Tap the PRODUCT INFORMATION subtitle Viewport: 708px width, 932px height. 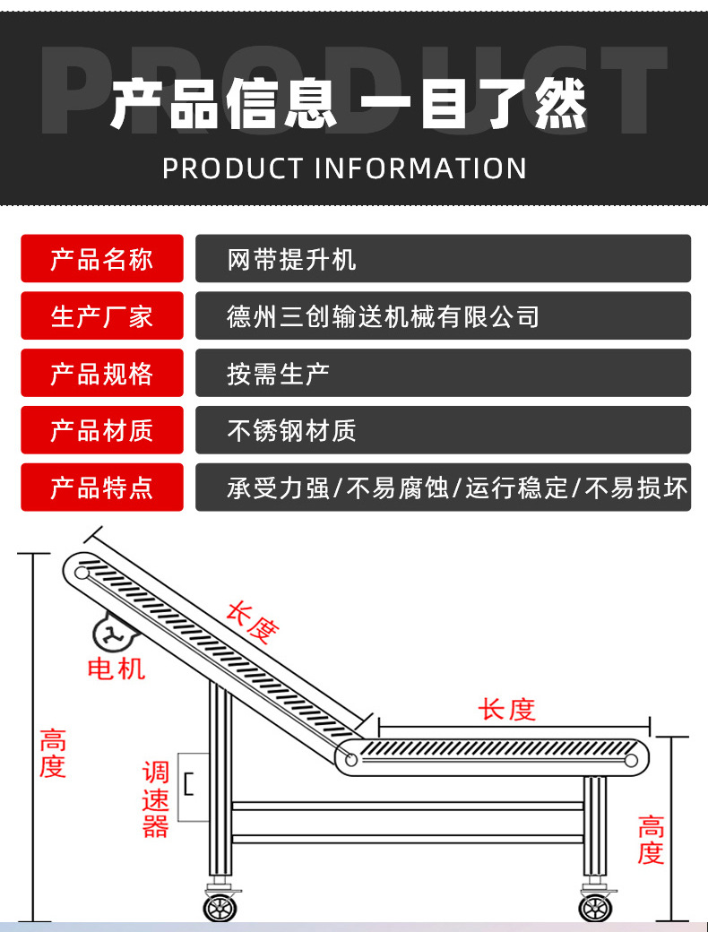pyautogui.click(x=345, y=168)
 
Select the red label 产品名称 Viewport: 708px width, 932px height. pyautogui.click(x=101, y=259)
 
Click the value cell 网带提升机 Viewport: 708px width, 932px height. pyautogui.click(x=443, y=259)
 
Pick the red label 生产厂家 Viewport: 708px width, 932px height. pyautogui.click(x=101, y=316)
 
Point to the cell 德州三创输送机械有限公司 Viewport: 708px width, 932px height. pyautogui.click(x=443, y=316)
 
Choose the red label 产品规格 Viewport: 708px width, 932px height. pyautogui.click(x=101, y=374)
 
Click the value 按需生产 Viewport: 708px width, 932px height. pyautogui.click(x=443, y=374)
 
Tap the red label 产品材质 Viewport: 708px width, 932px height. pyautogui.click(x=101, y=430)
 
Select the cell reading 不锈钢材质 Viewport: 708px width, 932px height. pyautogui.click(x=443, y=430)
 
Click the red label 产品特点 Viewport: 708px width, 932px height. pyautogui.click(x=101, y=488)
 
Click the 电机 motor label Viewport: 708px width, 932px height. pyautogui.click(x=116, y=668)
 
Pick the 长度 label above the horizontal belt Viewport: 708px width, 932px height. pyautogui.click(x=506, y=709)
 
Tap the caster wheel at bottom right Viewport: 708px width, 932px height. pyautogui.click(x=594, y=907)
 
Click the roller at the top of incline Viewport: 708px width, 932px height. pyautogui.click(x=82, y=572)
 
